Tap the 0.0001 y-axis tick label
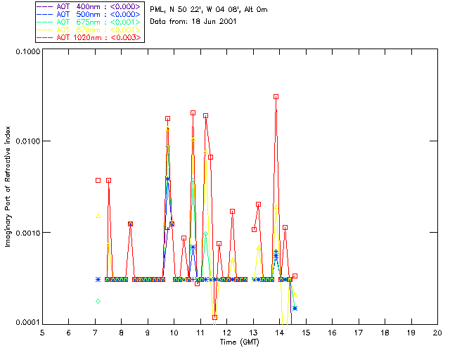pos(27,323)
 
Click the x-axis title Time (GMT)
pos(239,342)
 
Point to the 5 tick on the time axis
pos(42,332)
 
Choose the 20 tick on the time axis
pos(437,332)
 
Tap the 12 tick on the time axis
pos(226,332)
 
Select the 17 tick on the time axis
pos(359,332)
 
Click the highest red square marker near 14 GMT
pos(276,96)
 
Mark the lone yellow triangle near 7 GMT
pos(98,216)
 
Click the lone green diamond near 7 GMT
pos(98,301)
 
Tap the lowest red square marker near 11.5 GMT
pos(214,317)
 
